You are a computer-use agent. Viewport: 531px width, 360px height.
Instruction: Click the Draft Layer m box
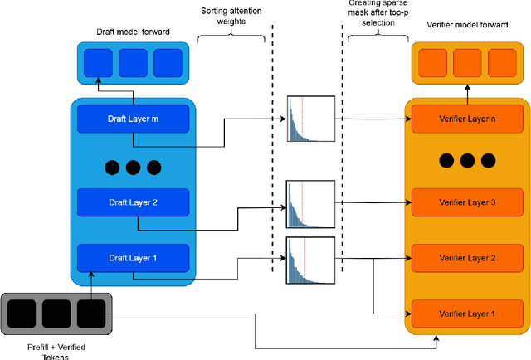pos(133,119)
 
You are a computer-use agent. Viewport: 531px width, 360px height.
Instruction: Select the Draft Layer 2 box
pos(133,202)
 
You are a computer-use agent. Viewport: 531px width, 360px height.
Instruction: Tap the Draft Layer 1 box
pos(133,258)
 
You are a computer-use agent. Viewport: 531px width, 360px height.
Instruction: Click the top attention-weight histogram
pos(309,120)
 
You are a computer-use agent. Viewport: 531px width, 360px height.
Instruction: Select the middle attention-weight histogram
pos(309,203)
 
